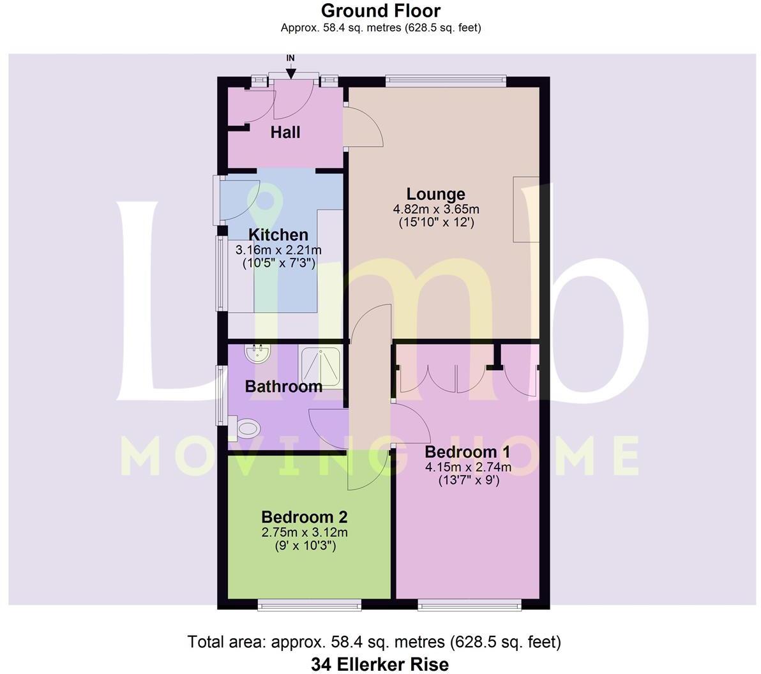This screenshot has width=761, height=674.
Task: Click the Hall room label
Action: pos(285,133)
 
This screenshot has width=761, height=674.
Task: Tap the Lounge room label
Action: pos(436,194)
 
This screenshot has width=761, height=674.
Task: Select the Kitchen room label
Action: pos(278,235)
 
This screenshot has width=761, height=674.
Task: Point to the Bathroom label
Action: pos(283,386)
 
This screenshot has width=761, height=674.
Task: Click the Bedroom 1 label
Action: pos(468,452)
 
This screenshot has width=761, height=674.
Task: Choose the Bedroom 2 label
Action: pos(304,516)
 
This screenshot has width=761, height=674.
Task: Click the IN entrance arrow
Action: pos(291,68)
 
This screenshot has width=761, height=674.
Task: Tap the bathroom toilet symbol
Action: pos(246,428)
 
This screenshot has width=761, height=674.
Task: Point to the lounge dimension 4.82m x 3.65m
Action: pos(436,209)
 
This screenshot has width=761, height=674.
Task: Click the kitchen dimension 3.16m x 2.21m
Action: pos(278,250)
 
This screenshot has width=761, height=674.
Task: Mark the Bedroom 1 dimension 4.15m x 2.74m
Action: pos(469,467)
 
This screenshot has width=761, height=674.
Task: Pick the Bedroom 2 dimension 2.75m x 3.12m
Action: pos(305,532)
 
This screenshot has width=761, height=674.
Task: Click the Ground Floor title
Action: pos(380,10)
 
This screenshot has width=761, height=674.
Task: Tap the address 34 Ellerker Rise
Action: pos(380,664)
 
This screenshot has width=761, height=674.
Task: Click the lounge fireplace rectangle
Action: pos(526,209)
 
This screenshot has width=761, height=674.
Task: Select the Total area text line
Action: pos(374,641)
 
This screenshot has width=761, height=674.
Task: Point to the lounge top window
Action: pos(446,81)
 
